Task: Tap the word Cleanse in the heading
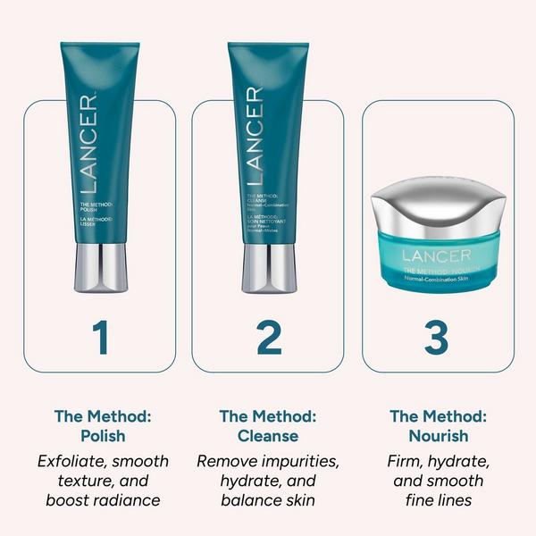268,436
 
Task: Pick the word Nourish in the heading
437,436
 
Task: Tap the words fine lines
437,500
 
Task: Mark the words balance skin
268,500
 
